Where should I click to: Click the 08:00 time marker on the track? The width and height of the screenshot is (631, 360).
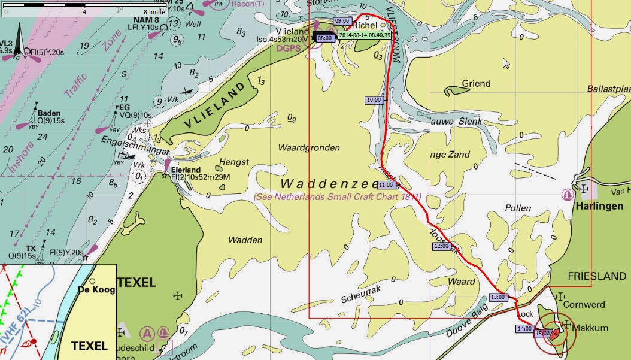(x=325, y=38)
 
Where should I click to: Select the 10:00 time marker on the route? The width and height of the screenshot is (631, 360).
(x=374, y=100)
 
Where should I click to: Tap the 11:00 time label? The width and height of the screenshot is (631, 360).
(x=386, y=185)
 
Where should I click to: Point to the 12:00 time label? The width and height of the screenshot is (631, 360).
(x=442, y=246)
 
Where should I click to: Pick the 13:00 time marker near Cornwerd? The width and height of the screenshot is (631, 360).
(x=498, y=297)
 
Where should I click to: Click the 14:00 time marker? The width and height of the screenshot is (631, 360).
(x=524, y=328)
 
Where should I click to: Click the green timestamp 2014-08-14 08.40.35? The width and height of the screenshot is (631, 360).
(x=365, y=35)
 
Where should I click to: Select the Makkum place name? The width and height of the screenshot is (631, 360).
(x=590, y=328)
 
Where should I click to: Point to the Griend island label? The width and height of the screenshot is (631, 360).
(x=477, y=84)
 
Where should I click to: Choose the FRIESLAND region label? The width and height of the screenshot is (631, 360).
(x=596, y=277)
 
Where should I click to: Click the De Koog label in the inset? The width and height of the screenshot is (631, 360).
(x=96, y=289)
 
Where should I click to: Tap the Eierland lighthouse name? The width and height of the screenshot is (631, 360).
(x=186, y=170)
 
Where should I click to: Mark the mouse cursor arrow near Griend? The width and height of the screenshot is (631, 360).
(x=506, y=63)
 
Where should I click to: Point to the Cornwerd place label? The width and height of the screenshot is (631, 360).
(x=584, y=304)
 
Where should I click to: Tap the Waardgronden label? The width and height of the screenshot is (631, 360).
(x=309, y=147)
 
